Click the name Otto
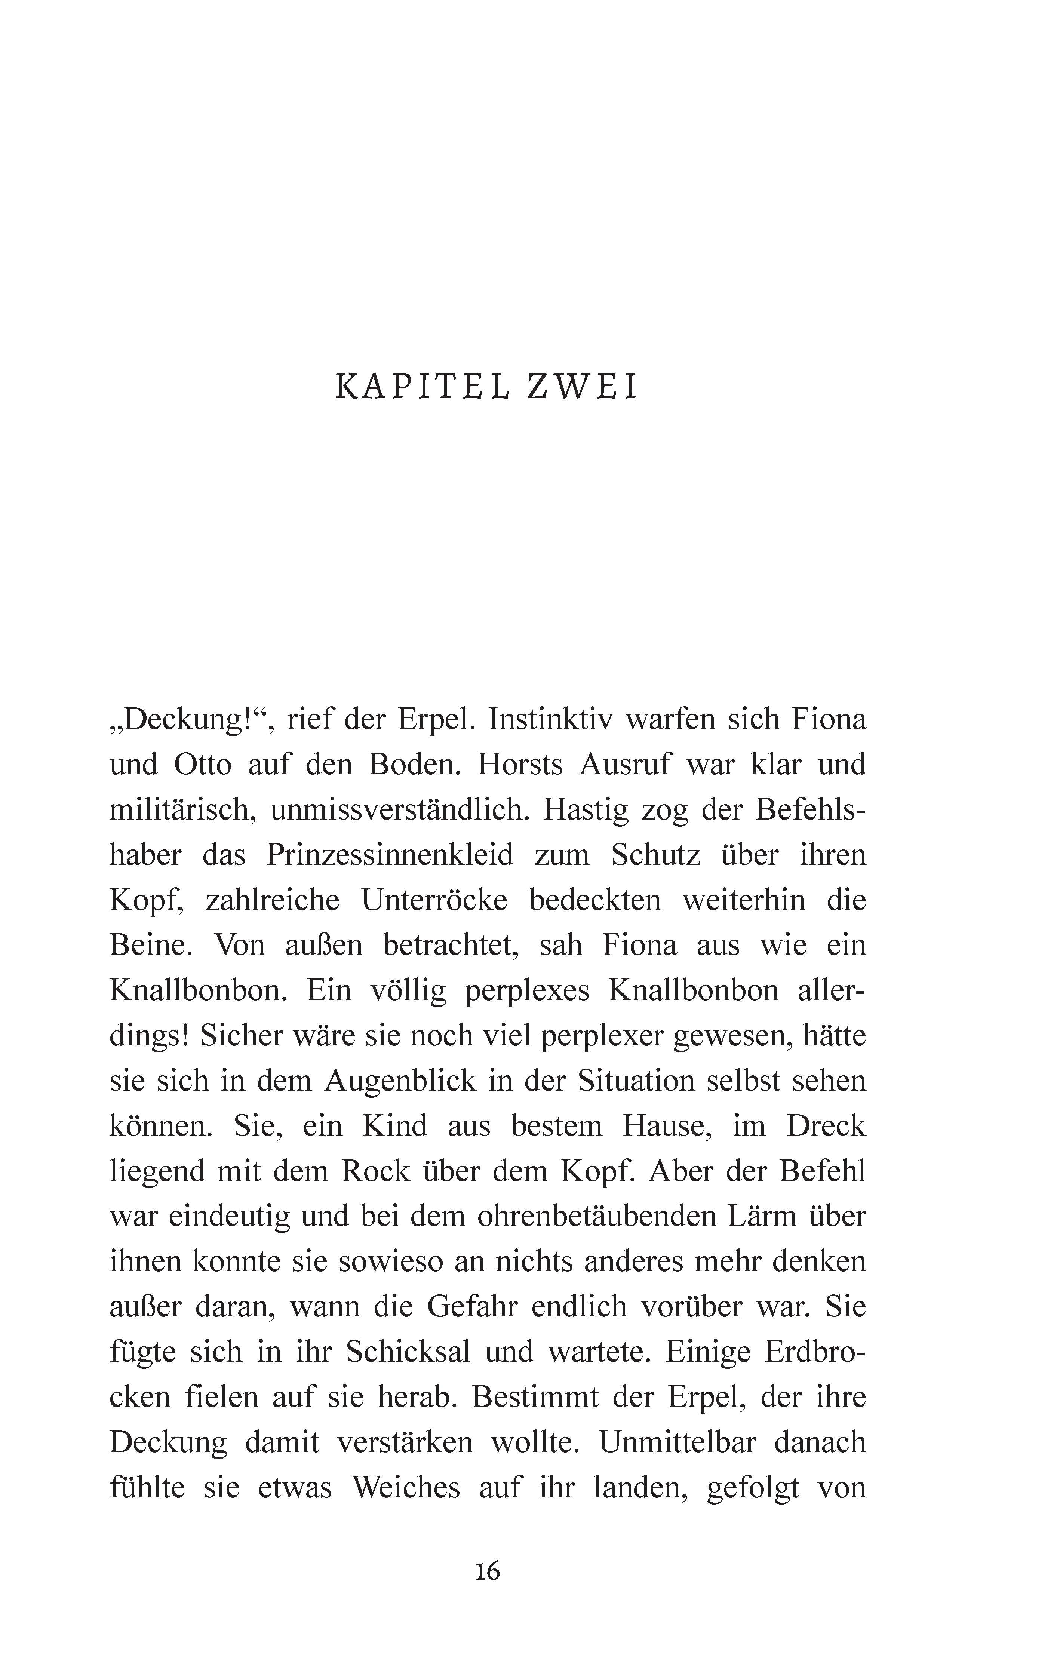[202, 765]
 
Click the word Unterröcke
[434, 900]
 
